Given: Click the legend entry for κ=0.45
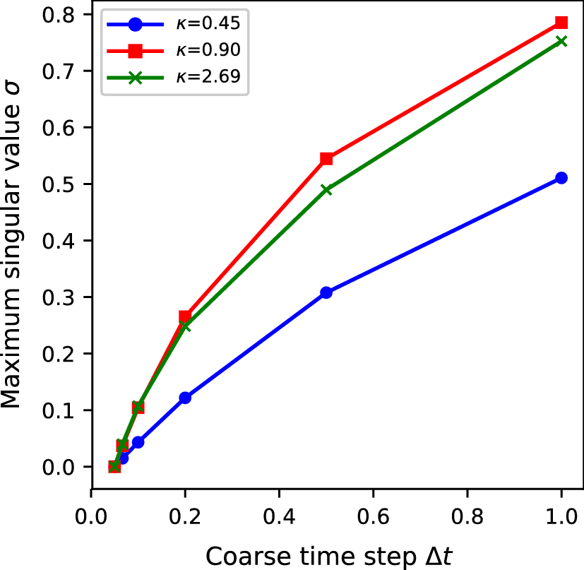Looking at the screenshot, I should [173, 23].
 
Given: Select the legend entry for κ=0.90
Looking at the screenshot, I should [173, 51].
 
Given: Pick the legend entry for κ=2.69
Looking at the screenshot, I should [173, 78].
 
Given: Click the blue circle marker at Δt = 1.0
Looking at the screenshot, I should [561, 178].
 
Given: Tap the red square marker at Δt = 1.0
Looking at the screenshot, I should [561, 23].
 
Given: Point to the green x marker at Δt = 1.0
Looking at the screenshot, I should [561, 41].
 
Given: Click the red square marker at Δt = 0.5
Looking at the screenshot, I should [326, 158].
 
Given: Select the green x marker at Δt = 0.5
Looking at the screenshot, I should [326, 189].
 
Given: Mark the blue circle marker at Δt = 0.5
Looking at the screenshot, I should [326, 292].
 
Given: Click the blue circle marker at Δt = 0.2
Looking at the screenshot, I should [185, 398].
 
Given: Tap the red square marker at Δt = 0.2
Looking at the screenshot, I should [185, 316].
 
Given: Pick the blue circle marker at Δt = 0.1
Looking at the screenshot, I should [138, 442].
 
